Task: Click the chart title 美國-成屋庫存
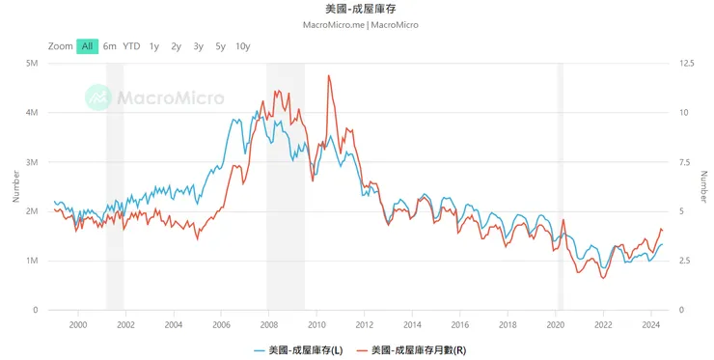(357, 8)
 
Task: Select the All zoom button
(87, 46)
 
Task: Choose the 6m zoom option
(110, 46)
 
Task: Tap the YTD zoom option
(131, 46)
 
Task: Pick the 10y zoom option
(242, 46)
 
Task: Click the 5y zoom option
(220, 46)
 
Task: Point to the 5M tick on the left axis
(31, 64)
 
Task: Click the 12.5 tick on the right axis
(687, 64)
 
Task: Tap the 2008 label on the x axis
(268, 326)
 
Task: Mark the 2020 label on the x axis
(555, 326)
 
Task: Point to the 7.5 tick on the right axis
(685, 162)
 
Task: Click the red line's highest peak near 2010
(329, 75)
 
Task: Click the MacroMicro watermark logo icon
(98, 97)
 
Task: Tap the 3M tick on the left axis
(31, 162)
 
